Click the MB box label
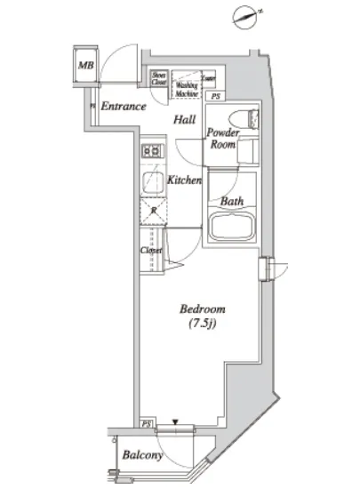pyautogui.click(x=86, y=65)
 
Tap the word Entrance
pyautogui.click(x=122, y=107)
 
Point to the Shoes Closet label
pyautogui.click(x=160, y=79)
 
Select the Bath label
pyautogui.click(x=232, y=201)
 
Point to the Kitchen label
pyautogui.click(x=184, y=180)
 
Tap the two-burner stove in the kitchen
pyautogui.click(x=151, y=152)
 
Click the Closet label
pyautogui.click(x=150, y=250)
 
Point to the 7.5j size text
pyautogui.click(x=203, y=325)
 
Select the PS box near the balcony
pyautogui.click(x=147, y=423)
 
